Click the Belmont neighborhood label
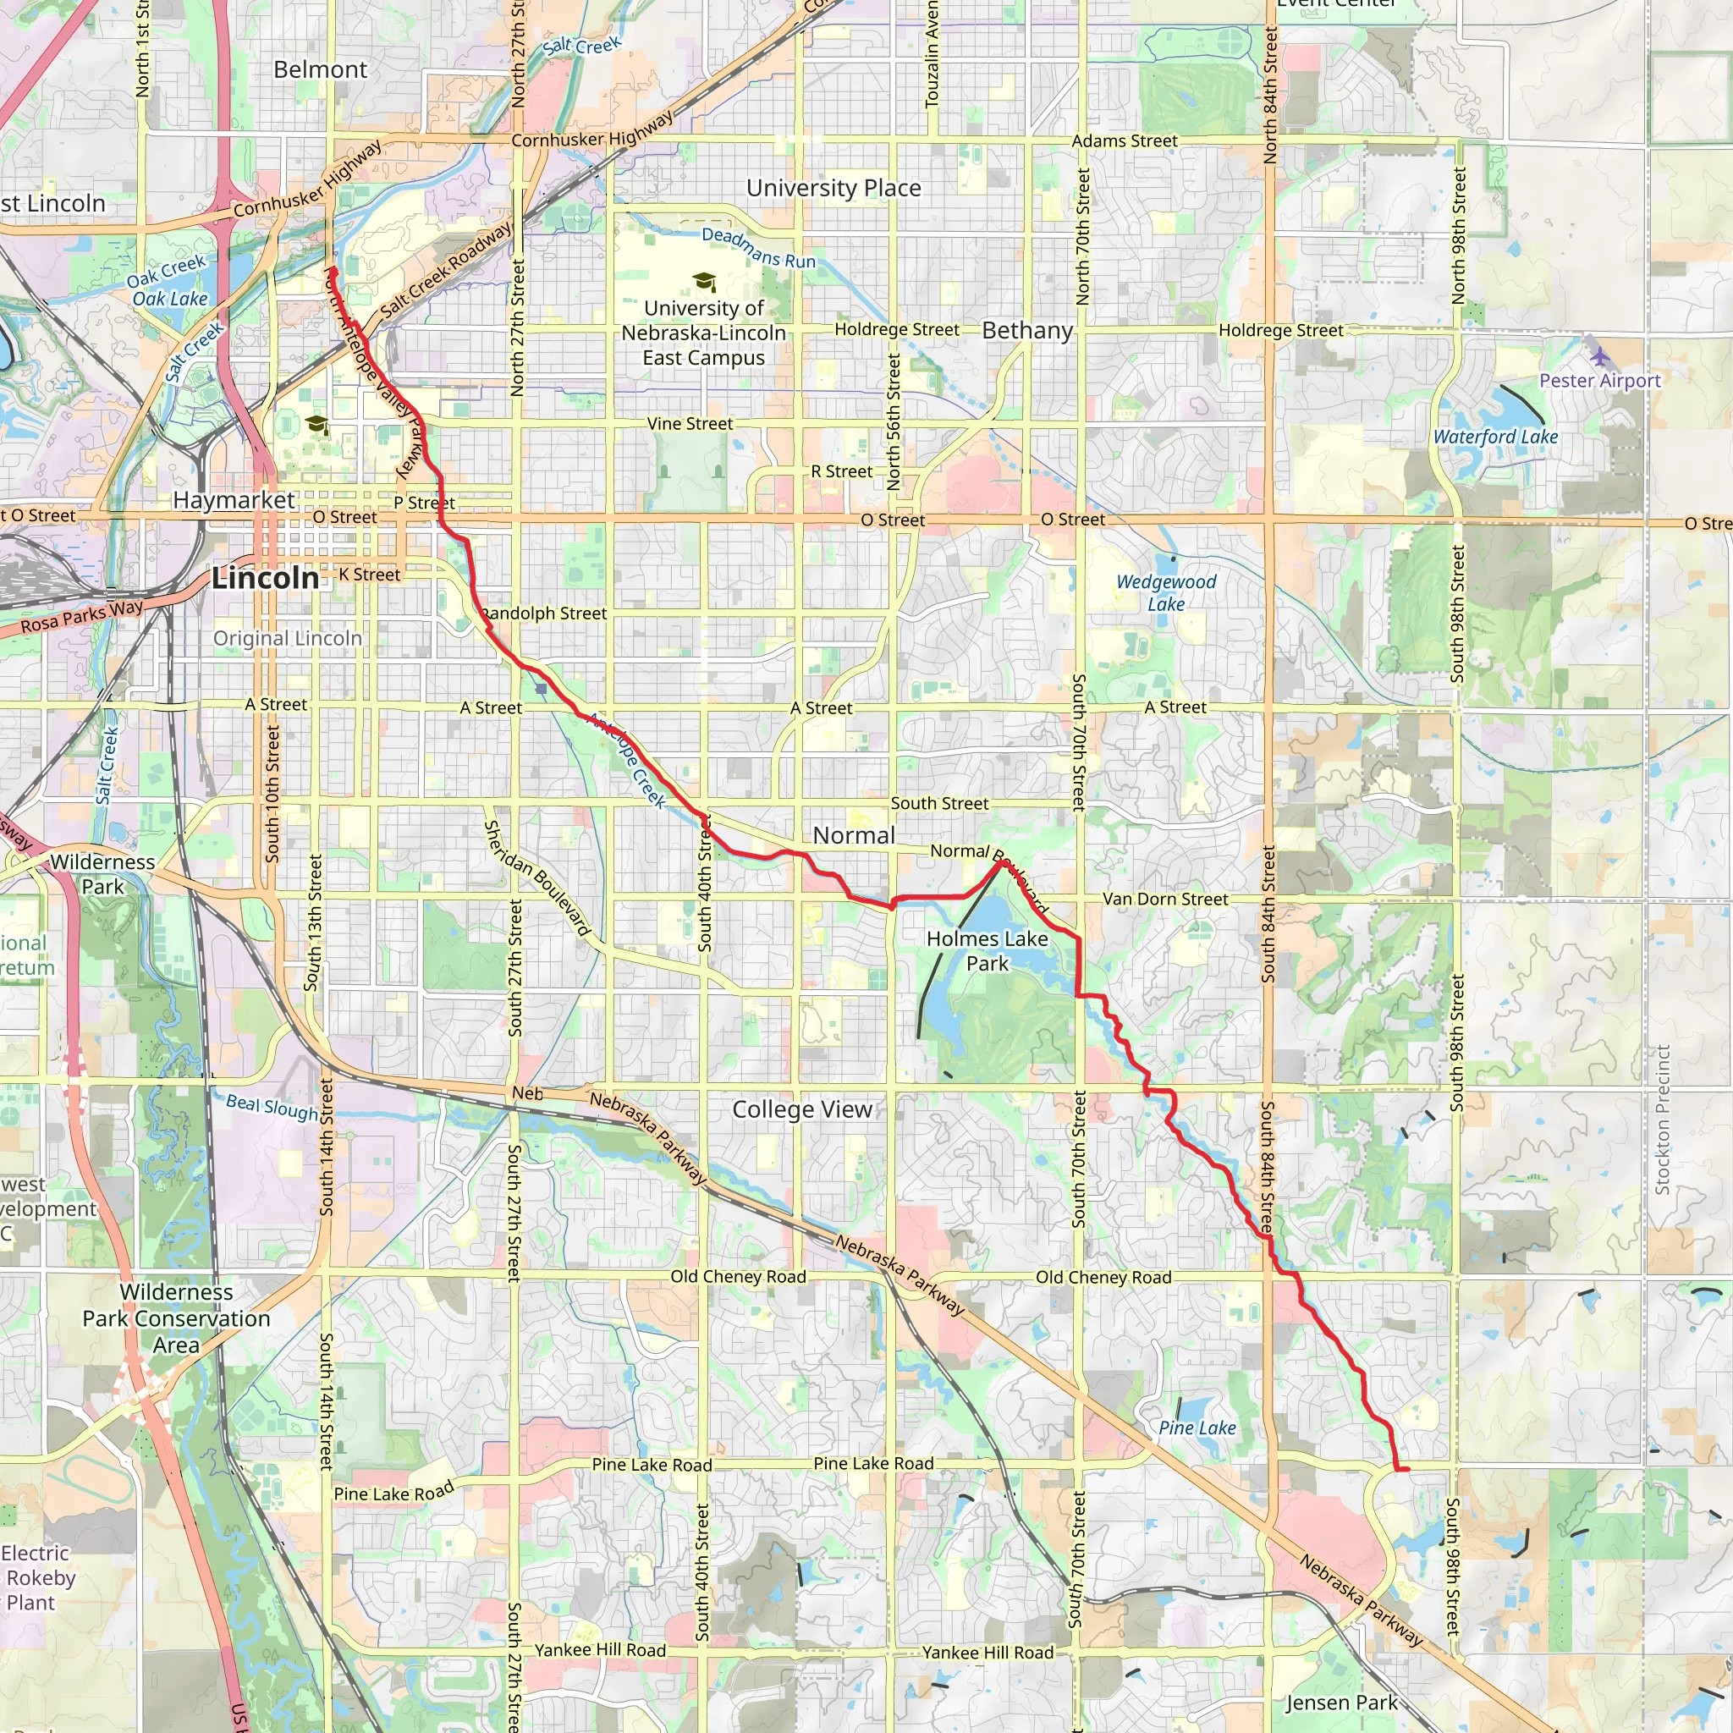pos(320,70)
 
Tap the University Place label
pos(833,189)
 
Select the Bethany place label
pos(1027,331)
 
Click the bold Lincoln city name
pos(266,579)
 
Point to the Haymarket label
pos(234,501)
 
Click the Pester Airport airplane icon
pos(1599,357)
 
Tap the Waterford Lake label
pos(1495,437)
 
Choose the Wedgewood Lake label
pos(1166,593)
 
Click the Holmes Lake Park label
pos(987,951)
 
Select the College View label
pos(802,1109)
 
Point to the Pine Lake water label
pos(1197,1428)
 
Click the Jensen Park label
pos(1341,1703)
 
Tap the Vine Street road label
pos(690,424)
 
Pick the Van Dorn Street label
pos(1165,899)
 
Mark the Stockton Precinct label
pos(1662,1120)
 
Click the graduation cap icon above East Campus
pos(704,283)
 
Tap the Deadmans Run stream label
pos(759,249)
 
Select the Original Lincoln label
pos(287,639)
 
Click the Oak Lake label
pos(169,299)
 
